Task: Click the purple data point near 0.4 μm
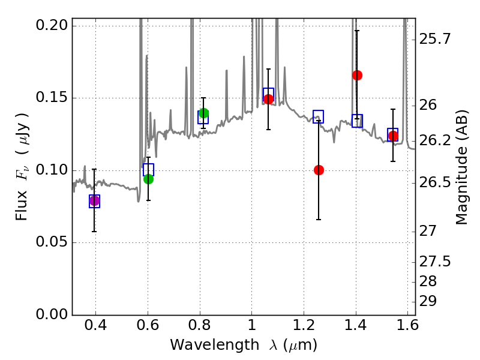point(94,200)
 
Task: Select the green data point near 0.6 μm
point(148,179)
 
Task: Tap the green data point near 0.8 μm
point(203,113)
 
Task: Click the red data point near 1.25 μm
point(319,170)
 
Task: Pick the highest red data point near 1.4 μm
point(357,75)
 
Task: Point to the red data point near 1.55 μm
point(393,136)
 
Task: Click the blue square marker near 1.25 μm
point(319,116)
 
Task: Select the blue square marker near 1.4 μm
point(357,121)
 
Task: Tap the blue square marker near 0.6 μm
point(148,169)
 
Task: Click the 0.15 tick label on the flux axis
point(52,98)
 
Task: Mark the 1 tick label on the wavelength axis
point(252,327)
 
